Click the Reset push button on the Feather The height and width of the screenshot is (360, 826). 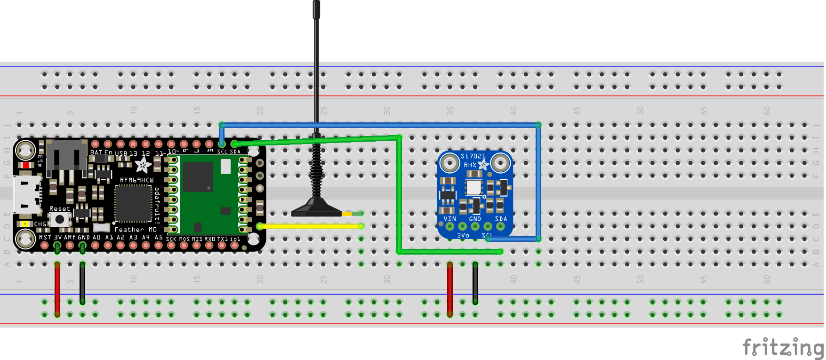coord(59,219)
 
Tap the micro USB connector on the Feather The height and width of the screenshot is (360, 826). coord(26,194)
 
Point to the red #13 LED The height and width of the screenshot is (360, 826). coord(26,165)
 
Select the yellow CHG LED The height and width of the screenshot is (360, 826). coord(24,224)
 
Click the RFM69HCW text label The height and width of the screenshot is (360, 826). coord(136,180)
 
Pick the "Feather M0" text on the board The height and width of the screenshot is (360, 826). coord(136,230)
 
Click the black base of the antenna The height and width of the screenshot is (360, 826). coord(316,209)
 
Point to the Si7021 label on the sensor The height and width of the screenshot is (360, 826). coord(473,156)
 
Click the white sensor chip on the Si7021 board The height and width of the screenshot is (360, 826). coord(473,187)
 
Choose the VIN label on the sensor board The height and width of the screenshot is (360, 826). coord(449,219)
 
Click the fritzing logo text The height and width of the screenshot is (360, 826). coord(783,348)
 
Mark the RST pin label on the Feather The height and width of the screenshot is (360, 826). coord(45,237)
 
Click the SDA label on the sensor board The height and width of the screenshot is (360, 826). coord(501,219)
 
